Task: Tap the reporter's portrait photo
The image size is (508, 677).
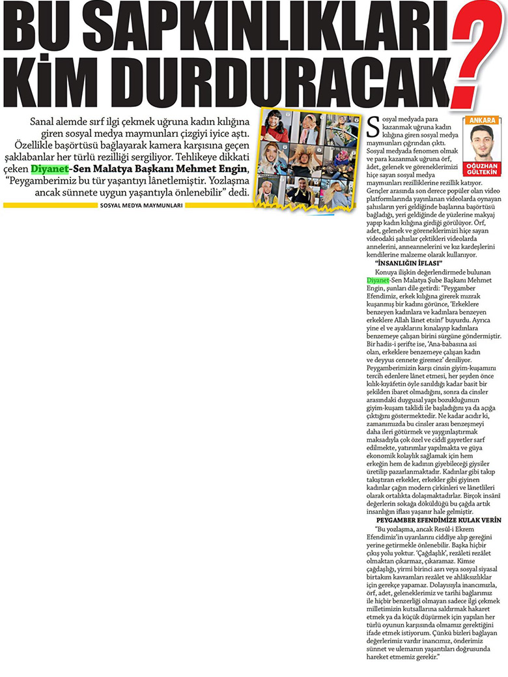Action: (483, 141)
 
